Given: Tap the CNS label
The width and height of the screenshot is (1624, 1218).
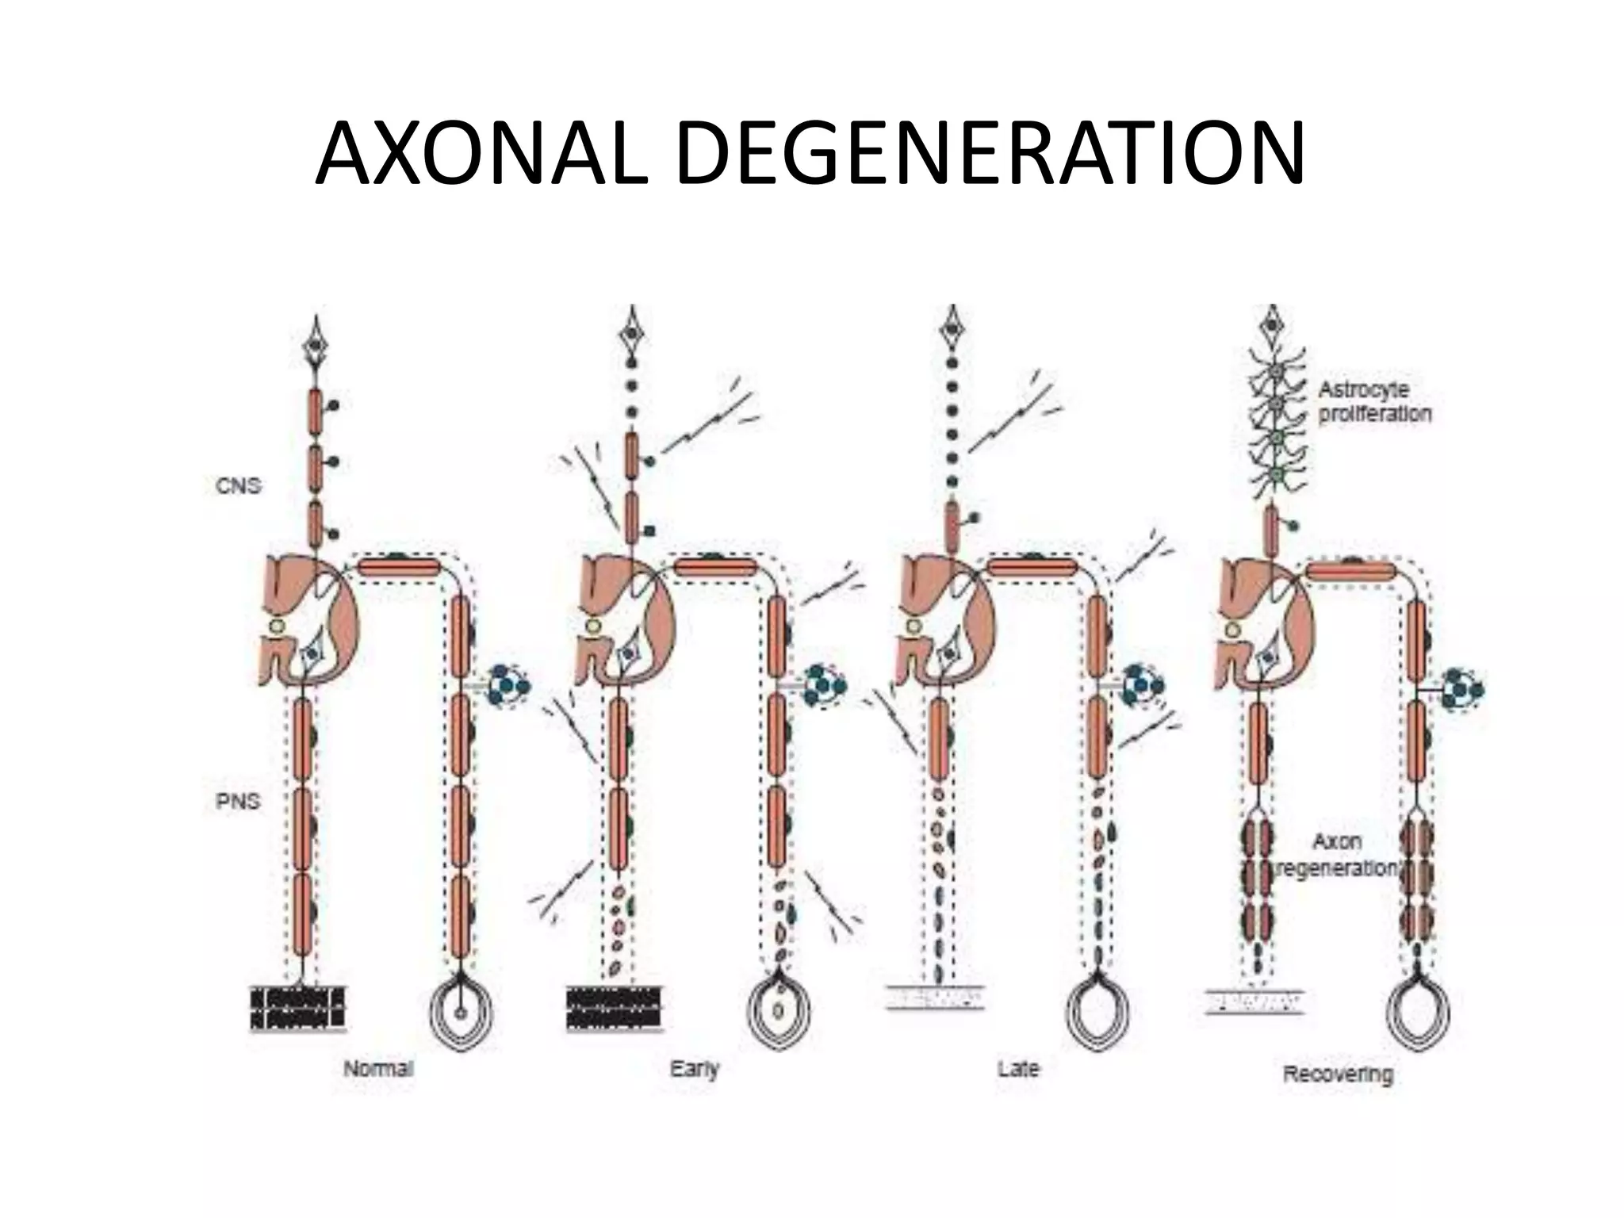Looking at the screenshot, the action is click(238, 485).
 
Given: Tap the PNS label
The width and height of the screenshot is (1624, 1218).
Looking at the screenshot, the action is click(238, 801).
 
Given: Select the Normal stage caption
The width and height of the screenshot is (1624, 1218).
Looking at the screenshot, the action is click(378, 1069).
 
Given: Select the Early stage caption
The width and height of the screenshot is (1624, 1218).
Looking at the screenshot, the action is click(695, 1069).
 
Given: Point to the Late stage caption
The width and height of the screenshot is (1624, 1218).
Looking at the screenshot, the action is click(1018, 1069).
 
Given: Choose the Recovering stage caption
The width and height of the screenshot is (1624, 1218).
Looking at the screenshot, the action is click(1338, 1075).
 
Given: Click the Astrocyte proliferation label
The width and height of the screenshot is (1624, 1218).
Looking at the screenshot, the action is click(1374, 401).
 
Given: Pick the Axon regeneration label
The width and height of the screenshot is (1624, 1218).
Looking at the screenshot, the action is click(1338, 855).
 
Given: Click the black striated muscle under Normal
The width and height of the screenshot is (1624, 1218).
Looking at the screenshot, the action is click(298, 1009).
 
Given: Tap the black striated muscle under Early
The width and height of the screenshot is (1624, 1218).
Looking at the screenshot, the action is click(615, 1009).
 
